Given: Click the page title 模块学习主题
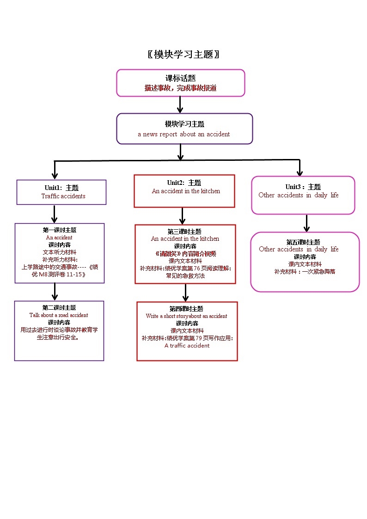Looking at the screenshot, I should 183,55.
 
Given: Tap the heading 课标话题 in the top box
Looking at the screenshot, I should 180,79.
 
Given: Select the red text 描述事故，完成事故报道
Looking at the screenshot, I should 180,88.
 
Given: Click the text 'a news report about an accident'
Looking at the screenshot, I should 183,134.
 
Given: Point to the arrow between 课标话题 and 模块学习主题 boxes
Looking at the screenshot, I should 180,105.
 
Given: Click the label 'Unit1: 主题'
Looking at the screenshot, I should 61,188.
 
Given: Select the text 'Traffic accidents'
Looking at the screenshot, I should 63,196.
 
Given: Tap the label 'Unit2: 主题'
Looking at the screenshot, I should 184,183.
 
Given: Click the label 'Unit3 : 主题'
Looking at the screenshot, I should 303,187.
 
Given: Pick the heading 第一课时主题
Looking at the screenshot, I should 59,230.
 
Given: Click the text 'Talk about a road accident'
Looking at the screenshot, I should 59,315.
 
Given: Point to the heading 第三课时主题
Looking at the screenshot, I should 184,231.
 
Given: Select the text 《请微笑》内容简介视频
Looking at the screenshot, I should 185,254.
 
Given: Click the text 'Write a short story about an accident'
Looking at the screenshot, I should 186,316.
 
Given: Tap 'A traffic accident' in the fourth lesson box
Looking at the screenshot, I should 187,346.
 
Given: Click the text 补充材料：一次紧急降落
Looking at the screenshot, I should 305,272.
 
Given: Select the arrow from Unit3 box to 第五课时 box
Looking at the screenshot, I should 306,223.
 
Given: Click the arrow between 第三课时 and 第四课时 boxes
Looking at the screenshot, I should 185,293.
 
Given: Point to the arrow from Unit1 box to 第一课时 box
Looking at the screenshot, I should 55,214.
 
